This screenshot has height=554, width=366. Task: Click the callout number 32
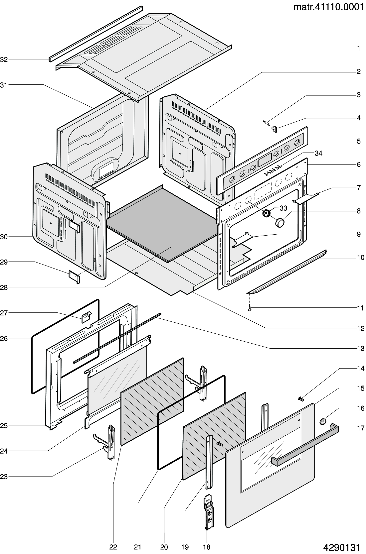(4, 59)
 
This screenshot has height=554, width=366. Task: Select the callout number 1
(359, 49)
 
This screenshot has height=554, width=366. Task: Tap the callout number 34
(318, 153)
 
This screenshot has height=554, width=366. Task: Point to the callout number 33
(283, 208)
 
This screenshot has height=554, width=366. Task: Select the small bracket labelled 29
(74, 276)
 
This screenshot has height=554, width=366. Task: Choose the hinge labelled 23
(109, 442)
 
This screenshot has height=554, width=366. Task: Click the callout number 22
(113, 547)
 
